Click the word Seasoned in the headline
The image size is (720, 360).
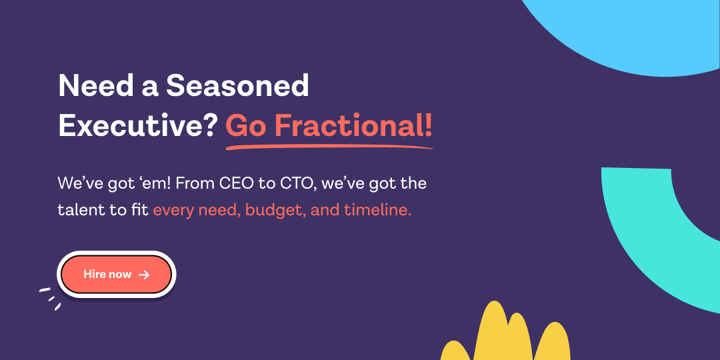click(x=237, y=86)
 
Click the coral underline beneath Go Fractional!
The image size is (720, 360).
click(x=329, y=147)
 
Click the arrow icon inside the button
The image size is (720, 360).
click(x=144, y=275)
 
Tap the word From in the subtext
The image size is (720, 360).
click(x=193, y=184)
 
